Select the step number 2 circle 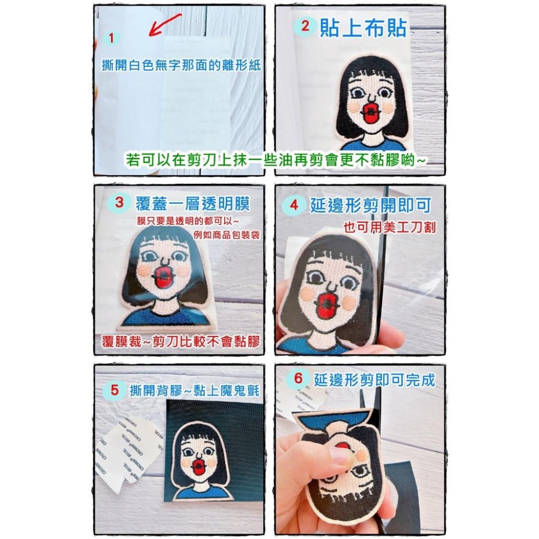tap(306, 27)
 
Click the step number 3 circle tap(121, 203)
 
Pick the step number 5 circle tap(114, 390)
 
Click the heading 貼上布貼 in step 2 tap(363, 27)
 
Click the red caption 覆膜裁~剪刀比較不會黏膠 tap(181, 342)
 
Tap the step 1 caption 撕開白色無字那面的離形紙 tap(181, 66)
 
